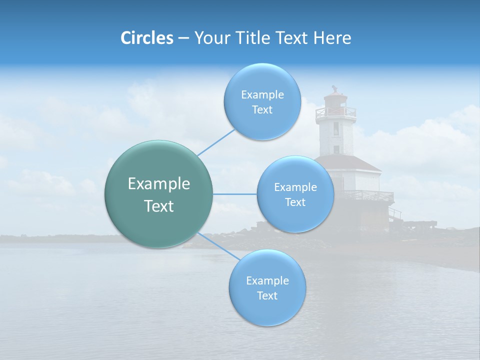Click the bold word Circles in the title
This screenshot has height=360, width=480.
pyautogui.click(x=146, y=38)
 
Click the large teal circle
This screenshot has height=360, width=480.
pyautogui.click(x=159, y=194)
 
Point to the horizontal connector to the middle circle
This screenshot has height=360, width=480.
pyautogui.click(x=235, y=194)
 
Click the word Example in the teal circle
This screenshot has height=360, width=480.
pyautogui.click(x=159, y=184)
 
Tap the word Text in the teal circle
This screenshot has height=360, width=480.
pyautogui.click(x=159, y=206)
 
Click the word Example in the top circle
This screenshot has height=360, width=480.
pyautogui.click(x=262, y=95)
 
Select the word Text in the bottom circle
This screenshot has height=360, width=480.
pyautogui.click(x=267, y=295)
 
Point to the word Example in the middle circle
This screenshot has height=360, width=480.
pyautogui.click(x=295, y=187)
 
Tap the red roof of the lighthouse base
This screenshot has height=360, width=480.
pyautogui.click(x=350, y=162)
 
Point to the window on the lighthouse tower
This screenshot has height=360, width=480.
pyautogui.click(x=336, y=129)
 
